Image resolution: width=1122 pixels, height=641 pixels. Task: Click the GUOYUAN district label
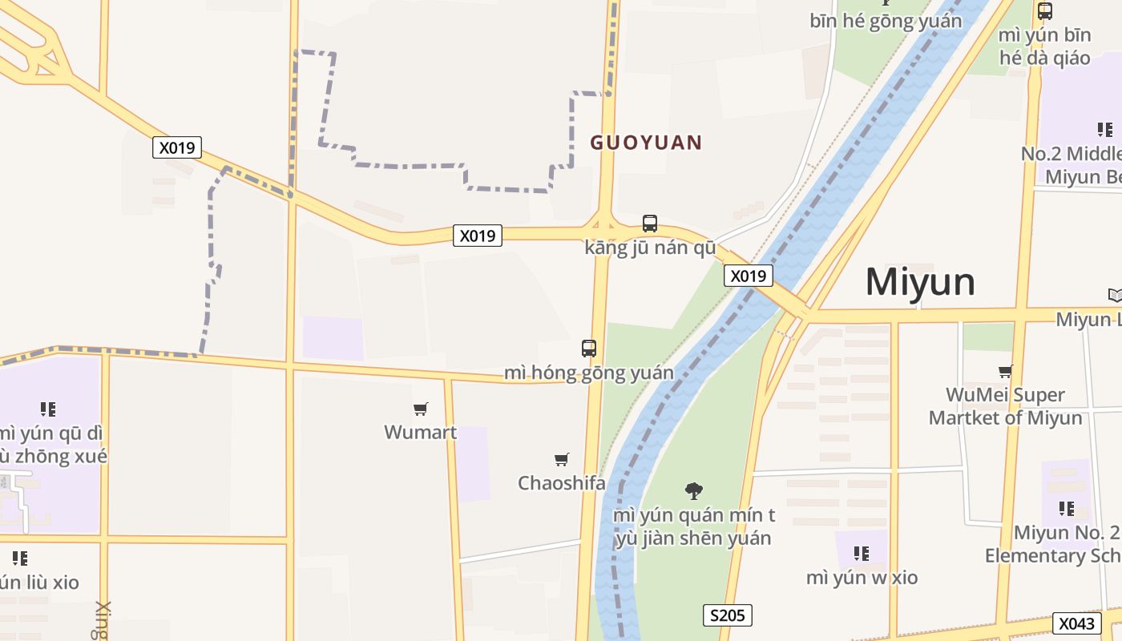[x=646, y=143]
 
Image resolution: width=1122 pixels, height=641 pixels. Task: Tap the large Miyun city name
[x=920, y=282]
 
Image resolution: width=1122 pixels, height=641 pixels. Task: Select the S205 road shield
[x=728, y=615]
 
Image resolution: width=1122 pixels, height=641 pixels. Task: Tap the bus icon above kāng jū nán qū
[x=650, y=224]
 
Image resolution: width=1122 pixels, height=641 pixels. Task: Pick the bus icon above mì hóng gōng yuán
[x=589, y=349]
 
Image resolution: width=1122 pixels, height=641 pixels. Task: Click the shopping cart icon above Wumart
[x=421, y=409]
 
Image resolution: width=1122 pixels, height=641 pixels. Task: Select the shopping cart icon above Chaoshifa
[x=562, y=460]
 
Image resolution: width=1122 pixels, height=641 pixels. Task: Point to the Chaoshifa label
[x=561, y=483]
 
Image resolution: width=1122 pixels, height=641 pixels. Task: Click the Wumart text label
[x=420, y=433]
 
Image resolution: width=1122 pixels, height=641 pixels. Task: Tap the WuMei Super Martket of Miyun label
[x=1005, y=406]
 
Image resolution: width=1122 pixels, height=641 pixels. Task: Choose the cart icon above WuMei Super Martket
[x=1005, y=371]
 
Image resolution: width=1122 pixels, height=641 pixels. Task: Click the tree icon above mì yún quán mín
[x=694, y=490]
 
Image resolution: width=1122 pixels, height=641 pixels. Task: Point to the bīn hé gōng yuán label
[x=886, y=21]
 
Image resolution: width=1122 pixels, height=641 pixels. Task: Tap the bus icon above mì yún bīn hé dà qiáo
[x=1045, y=11]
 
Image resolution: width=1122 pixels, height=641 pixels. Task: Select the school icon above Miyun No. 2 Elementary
[x=1066, y=509]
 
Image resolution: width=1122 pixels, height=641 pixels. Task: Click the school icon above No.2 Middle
[x=1104, y=130]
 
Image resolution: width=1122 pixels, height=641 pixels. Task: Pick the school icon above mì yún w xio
[x=862, y=554]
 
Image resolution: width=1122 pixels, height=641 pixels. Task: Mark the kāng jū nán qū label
[x=650, y=248]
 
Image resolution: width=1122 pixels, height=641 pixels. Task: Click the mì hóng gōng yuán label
[x=589, y=373]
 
